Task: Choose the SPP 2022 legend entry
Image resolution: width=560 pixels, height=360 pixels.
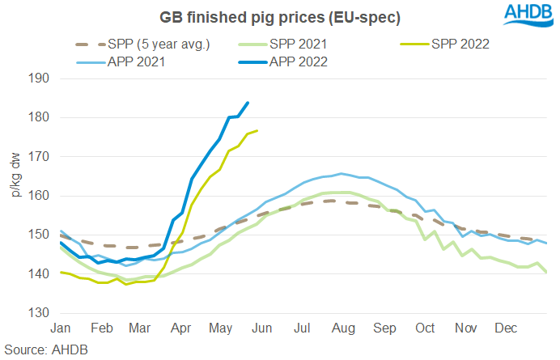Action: coord(455,44)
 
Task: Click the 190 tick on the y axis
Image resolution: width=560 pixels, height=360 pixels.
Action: coord(40,78)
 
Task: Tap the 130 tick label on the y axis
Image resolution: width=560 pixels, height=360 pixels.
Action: coord(40,313)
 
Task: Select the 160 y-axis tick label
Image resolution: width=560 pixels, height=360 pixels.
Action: coord(40,196)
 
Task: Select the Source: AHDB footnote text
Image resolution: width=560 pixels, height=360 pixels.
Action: coord(45,349)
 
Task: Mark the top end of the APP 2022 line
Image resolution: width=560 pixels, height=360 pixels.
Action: coord(248,103)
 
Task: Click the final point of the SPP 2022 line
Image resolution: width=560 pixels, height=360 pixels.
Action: coord(257,130)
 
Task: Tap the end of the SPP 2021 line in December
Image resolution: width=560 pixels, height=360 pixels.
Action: coord(546,273)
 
